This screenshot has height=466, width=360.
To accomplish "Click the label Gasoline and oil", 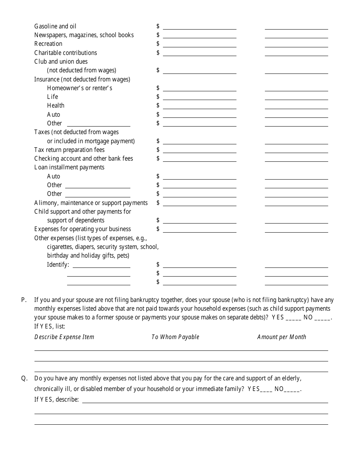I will [x=55, y=26].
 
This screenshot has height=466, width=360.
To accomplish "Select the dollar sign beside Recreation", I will [x=158, y=44].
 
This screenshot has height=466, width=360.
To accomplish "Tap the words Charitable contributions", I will [x=66, y=53].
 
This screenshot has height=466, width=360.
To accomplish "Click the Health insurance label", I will [x=56, y=105].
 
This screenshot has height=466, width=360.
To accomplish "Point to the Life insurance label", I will [x=52, y=97].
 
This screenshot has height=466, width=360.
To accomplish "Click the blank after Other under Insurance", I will [x=99, y=125].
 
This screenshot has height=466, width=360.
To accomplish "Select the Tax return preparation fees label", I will [x=69, y=150].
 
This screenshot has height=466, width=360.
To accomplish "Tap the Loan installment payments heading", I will [x=69, y=167].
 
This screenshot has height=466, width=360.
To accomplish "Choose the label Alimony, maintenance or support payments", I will [x=91, y=203].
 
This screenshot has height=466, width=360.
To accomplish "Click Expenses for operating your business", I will [x=83, y=229].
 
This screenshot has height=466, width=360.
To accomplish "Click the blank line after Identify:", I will [x=101, y=266].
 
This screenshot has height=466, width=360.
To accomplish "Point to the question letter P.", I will [x=24, y=300].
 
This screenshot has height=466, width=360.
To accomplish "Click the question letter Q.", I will [x=24, y=378].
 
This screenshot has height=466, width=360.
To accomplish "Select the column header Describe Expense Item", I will [x=64, y=337].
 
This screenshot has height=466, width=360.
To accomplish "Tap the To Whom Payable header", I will [x=175, y=337].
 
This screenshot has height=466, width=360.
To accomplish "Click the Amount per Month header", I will [x=282, y=337].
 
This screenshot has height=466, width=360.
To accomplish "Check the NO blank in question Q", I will [x=292, y=390].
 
